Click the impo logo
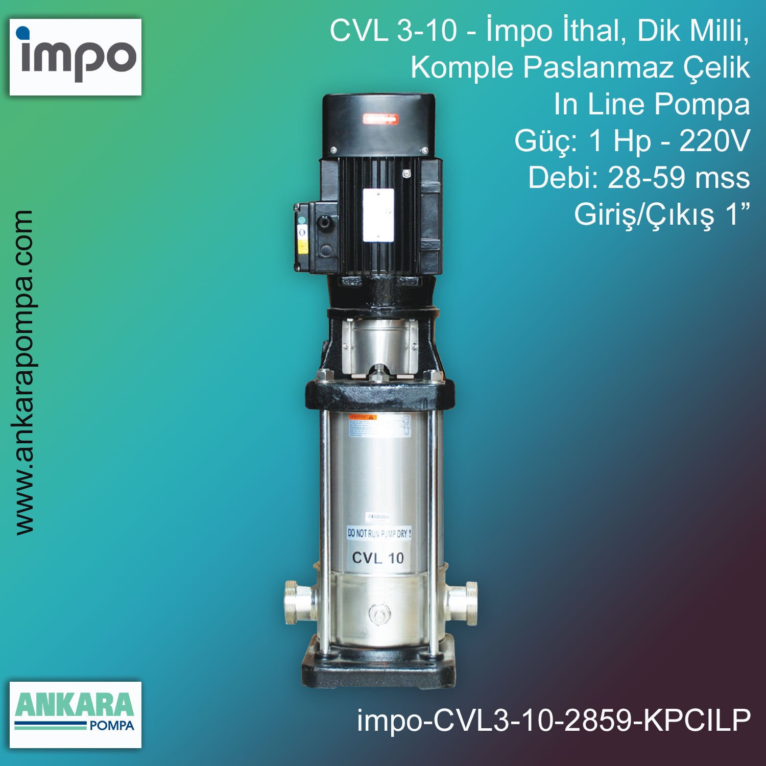click(x=76, y=57)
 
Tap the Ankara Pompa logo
click(x=76, y=714)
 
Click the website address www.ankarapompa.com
click(x=24, y=372)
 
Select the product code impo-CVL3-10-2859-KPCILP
click(x=554, y=720)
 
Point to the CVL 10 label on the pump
click(x=378, y=558)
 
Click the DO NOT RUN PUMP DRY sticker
click(x=379, y=533)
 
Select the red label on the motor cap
click(x=380, y=119)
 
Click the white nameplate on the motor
click(x=378, y=215)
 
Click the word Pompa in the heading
click(x=702, y=104)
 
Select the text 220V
click(x=714, y=141)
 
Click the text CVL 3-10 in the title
click(x=393, y=31)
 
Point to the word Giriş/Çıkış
click(x=644, y=214)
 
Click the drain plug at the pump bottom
click(x=378, y=613)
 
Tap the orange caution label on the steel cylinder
click(x=363, y=417)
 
